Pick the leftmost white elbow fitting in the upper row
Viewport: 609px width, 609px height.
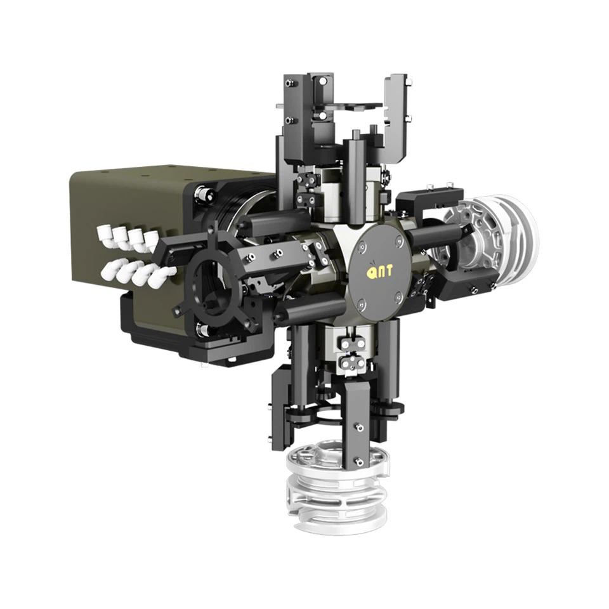click(x=104, y=235)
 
